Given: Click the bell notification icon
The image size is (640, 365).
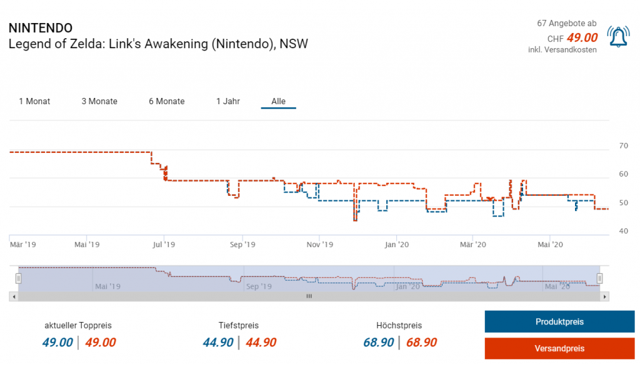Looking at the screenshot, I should tap(618, 37).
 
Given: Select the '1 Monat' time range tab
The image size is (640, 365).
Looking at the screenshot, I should tap(34, 101).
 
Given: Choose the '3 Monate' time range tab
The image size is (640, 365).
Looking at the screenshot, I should tap(99, 101).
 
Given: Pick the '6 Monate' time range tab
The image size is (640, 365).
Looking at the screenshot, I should tap(167, 101).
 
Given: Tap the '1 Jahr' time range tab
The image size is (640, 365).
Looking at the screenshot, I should tap(228, 101).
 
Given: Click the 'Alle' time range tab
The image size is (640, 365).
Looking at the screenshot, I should tap(278, 101).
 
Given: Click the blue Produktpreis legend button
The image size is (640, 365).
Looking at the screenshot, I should tap(559, 322).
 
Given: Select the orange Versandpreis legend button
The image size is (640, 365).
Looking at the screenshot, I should tap(559, 348).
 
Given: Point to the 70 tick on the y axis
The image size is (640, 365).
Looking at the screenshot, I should tap(623, 146).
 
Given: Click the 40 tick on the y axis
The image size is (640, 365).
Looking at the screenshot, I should tap(623, 231).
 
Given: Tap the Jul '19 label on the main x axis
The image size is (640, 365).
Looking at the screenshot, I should tap(164, 244).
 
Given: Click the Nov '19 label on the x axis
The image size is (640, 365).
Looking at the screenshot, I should tap(319, 244).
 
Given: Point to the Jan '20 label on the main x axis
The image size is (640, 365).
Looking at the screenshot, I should tap(397, 244).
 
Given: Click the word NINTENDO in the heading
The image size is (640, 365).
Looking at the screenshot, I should tap(41, 28).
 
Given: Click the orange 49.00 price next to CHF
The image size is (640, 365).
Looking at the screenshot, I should tap(582, 38).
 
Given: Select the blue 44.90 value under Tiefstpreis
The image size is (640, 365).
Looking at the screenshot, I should tap(218, 343).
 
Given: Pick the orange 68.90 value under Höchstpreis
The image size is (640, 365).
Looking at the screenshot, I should tap(421, 343).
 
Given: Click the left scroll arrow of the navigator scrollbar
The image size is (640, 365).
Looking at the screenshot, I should tap(13, 297).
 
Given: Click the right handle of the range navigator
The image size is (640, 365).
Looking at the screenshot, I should tap(599, 278).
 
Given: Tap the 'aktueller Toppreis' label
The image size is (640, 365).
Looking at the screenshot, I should tap(78, 326).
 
